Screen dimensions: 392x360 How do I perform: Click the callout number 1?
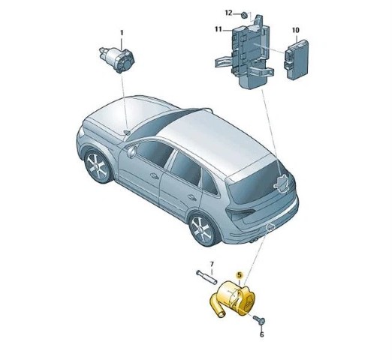122,33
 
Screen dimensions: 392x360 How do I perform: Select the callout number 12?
228,13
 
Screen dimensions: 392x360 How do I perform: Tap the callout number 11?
219,29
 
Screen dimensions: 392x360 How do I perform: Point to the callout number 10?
295,30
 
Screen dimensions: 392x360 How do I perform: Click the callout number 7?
212,264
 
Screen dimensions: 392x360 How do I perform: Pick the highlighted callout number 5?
240,275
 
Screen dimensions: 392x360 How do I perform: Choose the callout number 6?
262,334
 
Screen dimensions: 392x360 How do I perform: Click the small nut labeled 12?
244,16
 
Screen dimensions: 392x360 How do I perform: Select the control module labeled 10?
296,59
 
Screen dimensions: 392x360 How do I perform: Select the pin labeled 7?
207,277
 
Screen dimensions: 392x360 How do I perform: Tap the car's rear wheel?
202,230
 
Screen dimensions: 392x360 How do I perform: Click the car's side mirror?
131,151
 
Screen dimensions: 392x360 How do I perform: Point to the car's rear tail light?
240,213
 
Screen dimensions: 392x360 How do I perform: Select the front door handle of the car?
154,176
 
